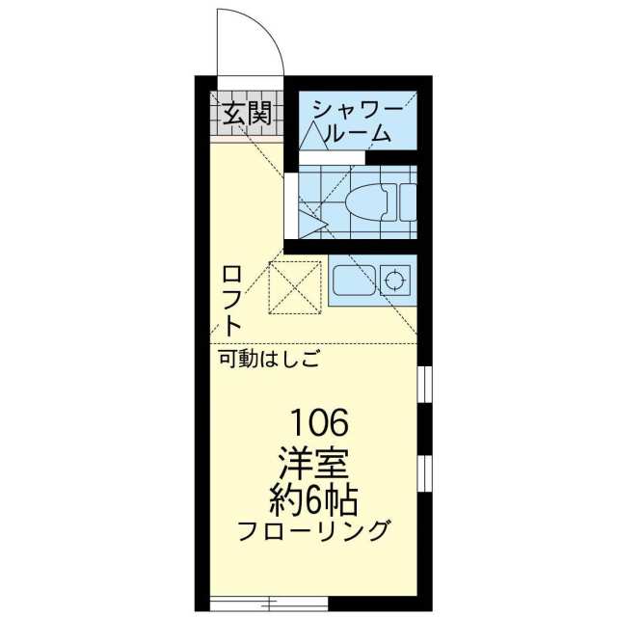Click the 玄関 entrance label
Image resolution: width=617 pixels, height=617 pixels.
point(248,113)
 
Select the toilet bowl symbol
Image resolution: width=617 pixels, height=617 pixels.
point(367,201)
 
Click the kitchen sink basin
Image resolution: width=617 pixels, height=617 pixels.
point(354,281)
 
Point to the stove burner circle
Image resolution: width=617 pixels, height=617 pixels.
point(395,281)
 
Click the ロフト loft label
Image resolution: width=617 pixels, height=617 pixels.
point(231,301)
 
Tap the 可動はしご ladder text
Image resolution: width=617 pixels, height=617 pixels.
point(269,360)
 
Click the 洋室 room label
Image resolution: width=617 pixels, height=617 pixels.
point(313,465)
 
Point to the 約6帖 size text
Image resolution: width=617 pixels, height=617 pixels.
point(313,500)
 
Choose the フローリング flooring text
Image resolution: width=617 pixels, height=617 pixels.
point(315,530)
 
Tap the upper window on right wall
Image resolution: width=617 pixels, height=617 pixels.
point(424,385)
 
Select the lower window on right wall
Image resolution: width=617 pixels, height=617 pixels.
point(424,473)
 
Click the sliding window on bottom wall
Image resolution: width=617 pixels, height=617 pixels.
point(269,602)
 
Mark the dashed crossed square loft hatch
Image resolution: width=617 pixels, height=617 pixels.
point(295,287)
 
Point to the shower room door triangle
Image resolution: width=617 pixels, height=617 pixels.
point(313,136)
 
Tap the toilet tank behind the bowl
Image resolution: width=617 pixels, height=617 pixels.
point(407,201)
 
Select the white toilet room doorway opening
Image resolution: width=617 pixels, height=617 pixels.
point(291,205)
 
